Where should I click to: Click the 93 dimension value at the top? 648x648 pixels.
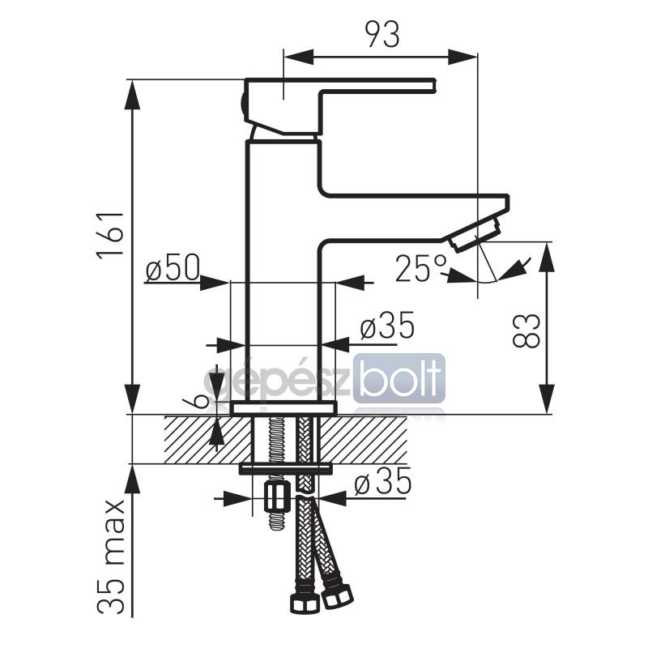pyautogui.click(x=383, y=35)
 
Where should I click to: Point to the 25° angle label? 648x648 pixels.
pyautogui.click(x=421, y=268)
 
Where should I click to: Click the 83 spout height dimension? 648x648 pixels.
pyautogui.click(x=526, y=330)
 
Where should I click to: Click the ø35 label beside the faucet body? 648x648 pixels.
pyautogui.click(x=387, y=325)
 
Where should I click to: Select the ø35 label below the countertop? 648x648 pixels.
pyautogui.click(x=382, y=481)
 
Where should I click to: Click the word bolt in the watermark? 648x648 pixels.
pyautogui.click(x=398, y=378)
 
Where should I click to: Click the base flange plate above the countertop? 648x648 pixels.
pyautogui.click(x=283, y=408)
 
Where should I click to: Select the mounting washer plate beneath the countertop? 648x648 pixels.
pyautogui.click(x=286, y=468)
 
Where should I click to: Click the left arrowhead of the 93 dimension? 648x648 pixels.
pyautogui.click(x=298, y=57)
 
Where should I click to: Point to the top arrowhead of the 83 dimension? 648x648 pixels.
pyautogui.click(x=548, y=258)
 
